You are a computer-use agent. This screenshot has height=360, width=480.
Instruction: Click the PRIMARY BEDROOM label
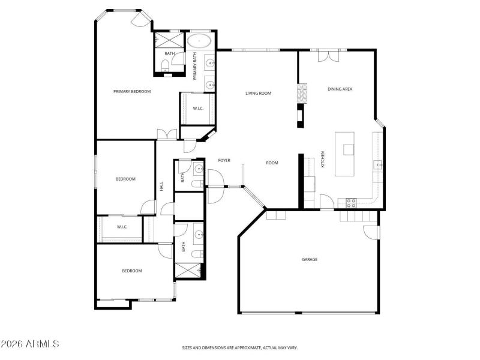132,92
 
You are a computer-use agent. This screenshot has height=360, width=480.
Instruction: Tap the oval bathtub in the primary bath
199,42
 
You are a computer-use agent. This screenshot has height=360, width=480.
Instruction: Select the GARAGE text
310,259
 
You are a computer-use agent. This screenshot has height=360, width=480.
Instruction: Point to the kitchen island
345,154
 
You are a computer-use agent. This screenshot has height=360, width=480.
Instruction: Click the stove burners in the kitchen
352,203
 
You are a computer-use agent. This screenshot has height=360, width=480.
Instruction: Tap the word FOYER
224,160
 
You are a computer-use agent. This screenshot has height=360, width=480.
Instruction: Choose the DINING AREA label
340,89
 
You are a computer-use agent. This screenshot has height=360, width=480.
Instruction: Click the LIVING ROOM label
259,93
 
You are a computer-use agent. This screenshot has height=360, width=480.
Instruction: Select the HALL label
162,187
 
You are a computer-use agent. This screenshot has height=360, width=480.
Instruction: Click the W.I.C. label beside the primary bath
197,109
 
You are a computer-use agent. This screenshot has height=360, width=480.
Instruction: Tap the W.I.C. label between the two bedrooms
122,227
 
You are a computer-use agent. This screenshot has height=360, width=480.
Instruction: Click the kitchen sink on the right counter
379,164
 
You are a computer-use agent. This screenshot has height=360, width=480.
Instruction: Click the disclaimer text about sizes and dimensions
240,347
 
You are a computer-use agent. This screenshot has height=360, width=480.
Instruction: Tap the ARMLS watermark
30,344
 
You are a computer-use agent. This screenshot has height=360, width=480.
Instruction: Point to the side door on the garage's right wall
374,232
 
